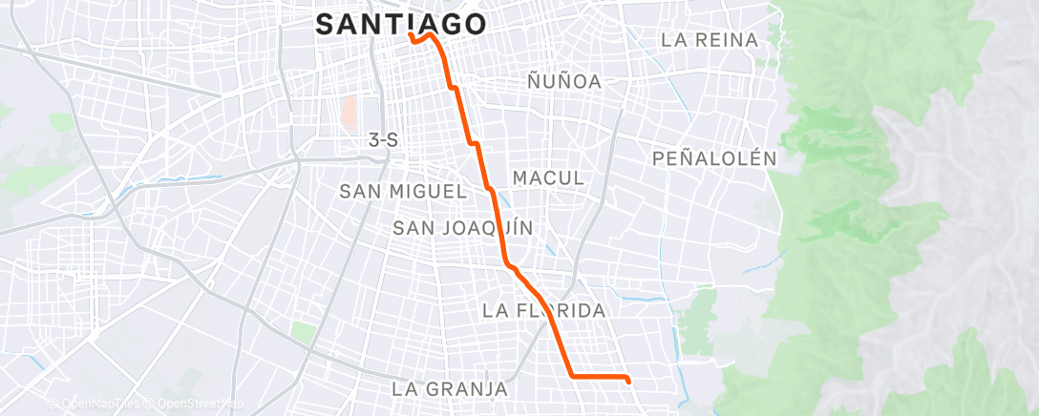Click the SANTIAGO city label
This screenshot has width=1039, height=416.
click(x=400, y=25)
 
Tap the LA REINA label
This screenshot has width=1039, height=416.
click(x=710, y=40)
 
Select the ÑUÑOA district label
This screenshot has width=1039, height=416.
click(x=564, y=82)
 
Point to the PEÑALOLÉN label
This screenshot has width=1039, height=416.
click(x=714, y=158)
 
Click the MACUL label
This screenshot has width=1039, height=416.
click(x=548, y=178)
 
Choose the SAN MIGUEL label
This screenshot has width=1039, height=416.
click(x=402, y=192)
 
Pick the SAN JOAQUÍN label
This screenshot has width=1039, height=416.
click(x=463, y=228)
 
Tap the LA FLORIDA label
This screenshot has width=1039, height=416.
click(x=544, y=311)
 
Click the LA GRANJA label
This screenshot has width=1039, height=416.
click(x=449, y=389)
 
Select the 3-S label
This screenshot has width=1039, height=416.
click(x=383, y=140)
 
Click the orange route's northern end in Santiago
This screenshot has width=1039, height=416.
click(x=410, y=35)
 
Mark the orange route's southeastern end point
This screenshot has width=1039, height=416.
click(x=628, y=380)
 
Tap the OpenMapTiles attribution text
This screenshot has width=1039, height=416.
click(x=92, y=405)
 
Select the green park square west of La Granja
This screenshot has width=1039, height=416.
click(x=304, y=333)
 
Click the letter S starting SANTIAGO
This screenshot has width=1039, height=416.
click(x=326, y=25)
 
